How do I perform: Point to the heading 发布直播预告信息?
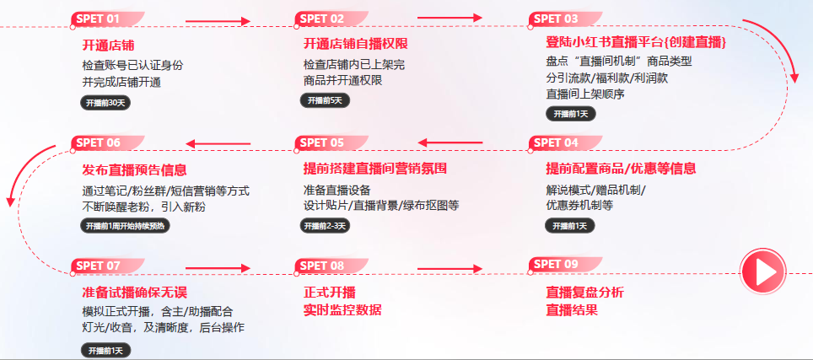[134, 169]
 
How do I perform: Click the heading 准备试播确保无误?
[134, 292]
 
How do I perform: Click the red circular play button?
[762, 271]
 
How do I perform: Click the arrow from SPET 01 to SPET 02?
[218, 21]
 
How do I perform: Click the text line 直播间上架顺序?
[585, 94]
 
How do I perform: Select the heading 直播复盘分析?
[585, 292]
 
